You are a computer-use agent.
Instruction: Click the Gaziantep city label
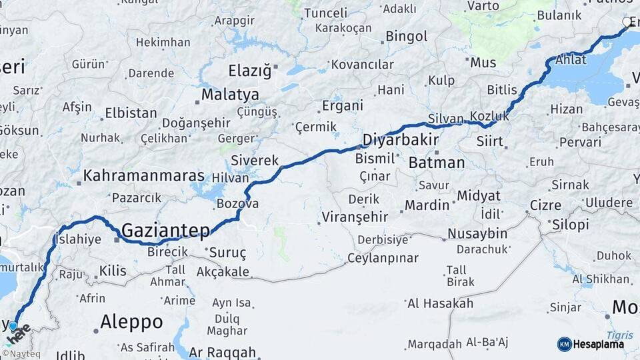tap(165, 231)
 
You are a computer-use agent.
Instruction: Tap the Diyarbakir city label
tap(400, 140)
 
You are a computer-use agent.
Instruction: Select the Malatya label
tap(230, 94)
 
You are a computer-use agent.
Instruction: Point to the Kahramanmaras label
tap(143, 177)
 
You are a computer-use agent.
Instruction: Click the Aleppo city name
tap(131, 322)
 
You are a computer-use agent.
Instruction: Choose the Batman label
tap(436, 163)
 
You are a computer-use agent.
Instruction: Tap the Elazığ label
tap(250, 70)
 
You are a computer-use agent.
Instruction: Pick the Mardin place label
tap(427, 205)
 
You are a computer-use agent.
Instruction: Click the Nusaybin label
tap(477, 234)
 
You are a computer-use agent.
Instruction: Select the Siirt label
tap(490, 141)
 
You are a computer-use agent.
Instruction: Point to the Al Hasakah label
tap(440, 303)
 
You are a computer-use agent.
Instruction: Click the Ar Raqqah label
tap(222, 352)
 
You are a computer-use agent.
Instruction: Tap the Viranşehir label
tap(355, 217)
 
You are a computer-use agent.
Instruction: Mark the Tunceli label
tap(325, 13)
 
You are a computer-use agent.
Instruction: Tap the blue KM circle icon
tap(564, 344)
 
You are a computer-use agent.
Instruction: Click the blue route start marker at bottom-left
tap(13, 326)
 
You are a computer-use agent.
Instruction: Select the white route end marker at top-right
tap(627, 22)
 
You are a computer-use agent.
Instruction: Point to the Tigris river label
tap(619, 335)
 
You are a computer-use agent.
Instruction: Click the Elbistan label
tap(131, 113)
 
